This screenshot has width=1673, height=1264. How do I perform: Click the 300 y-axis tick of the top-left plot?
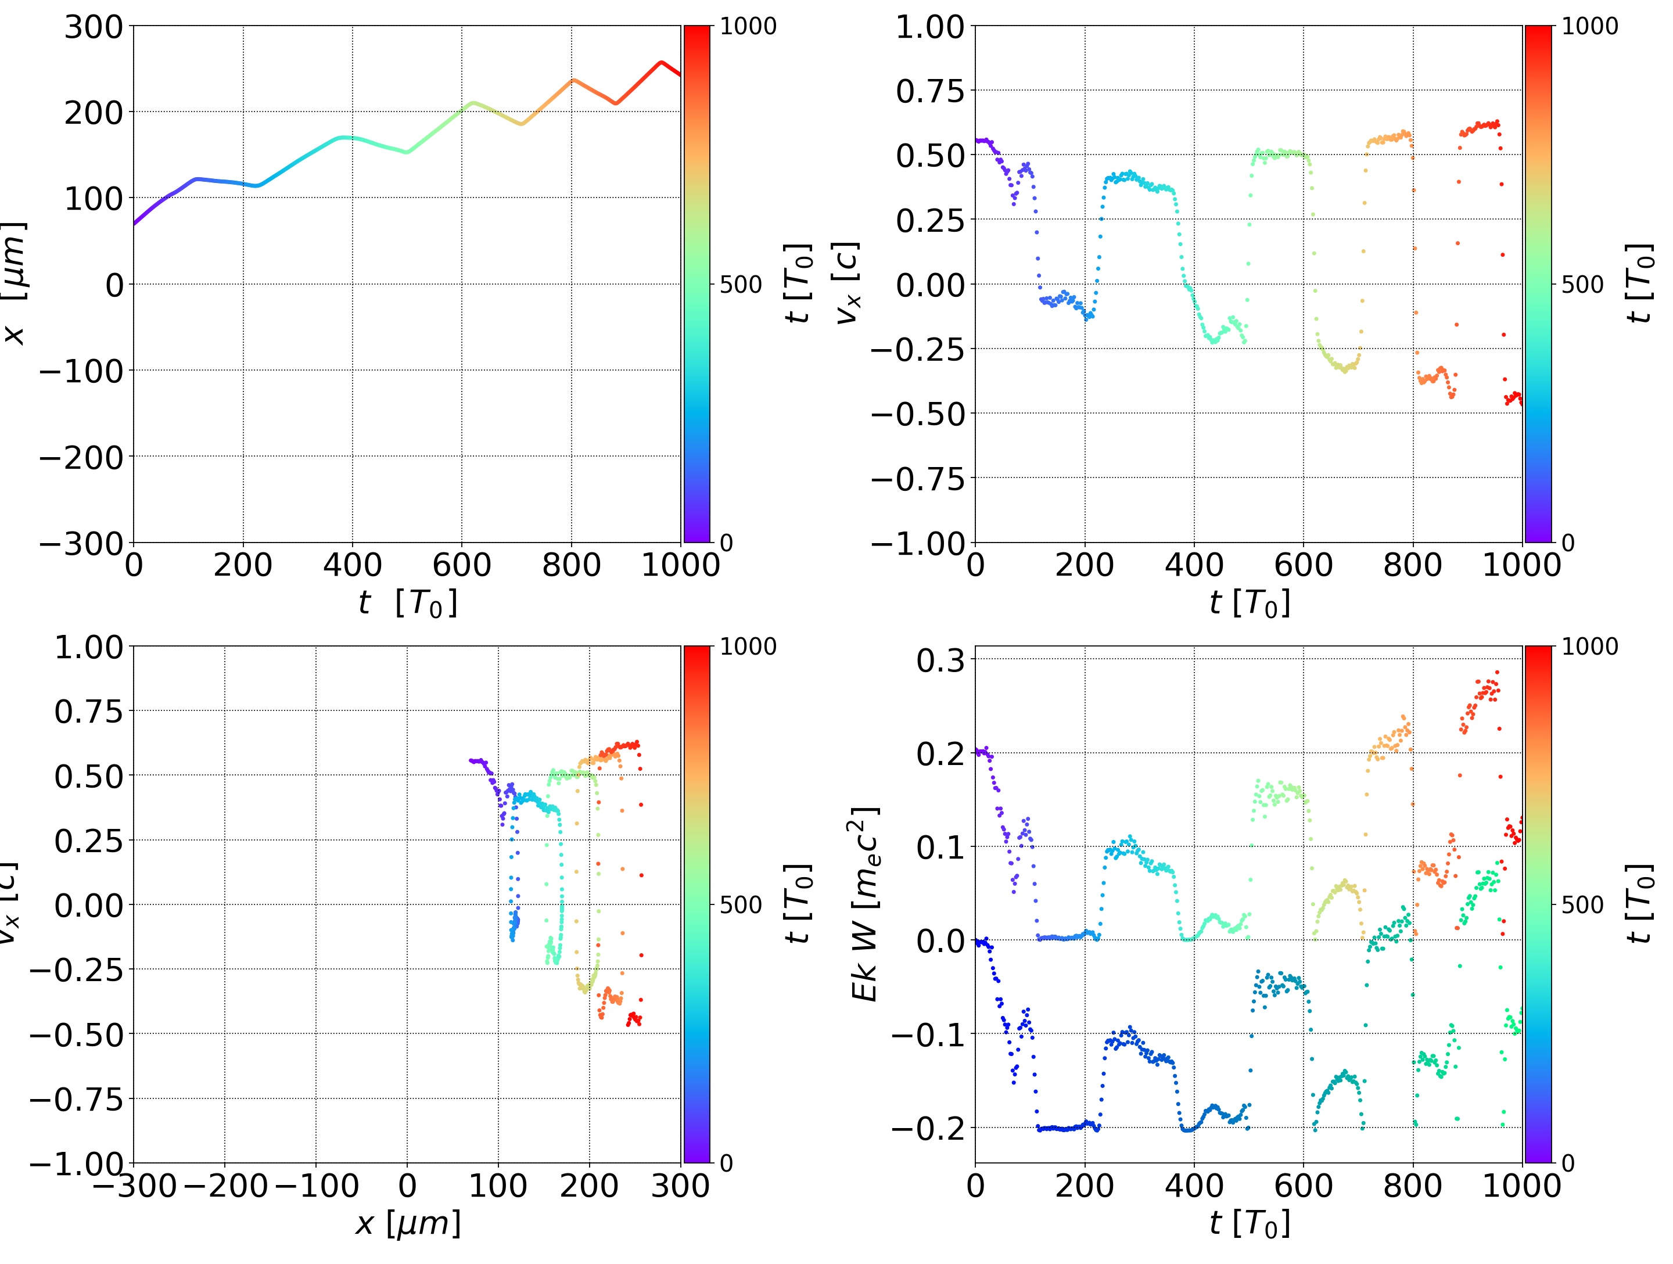[x=93, y=27]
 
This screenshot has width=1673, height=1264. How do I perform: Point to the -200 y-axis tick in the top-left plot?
[x=81, y=458]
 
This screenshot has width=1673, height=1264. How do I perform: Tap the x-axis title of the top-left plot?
[x=408, y=603]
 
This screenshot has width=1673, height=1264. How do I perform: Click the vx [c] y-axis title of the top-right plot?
[x=847, y=283]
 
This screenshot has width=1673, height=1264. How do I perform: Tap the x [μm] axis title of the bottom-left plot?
[x=408, y=1223]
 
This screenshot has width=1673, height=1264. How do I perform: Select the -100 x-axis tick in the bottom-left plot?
[x=316, y=1186]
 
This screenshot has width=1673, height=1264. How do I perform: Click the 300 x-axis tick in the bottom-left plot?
[x=680, y=1186]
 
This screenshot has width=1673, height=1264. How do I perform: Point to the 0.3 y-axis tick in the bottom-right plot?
[x=941, y=660]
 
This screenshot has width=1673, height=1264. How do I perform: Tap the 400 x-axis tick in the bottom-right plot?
[x=1194, y=1186]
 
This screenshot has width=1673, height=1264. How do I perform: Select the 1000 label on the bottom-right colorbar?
[x=1590, y=647]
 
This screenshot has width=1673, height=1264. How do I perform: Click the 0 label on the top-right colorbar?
[x=1567, y=543]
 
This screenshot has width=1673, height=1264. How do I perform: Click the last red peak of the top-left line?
[x=661, y=63]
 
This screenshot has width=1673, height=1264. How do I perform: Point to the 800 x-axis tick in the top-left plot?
[x=571, y=565]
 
